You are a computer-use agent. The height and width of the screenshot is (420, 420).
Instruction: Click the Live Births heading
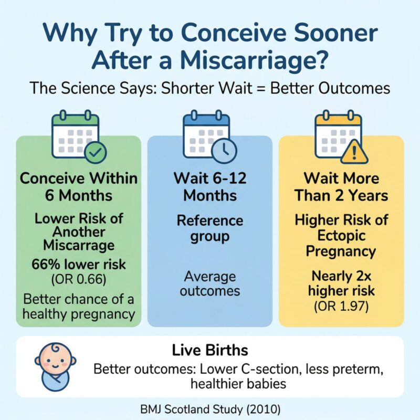point(209,350)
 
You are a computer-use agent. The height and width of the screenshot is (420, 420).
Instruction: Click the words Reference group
point(209,228)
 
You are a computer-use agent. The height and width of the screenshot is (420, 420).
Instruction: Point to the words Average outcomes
point(209,283)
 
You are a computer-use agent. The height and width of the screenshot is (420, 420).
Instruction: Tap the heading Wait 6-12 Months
point(209,186)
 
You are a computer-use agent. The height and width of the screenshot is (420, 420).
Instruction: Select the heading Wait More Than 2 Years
point(341,186)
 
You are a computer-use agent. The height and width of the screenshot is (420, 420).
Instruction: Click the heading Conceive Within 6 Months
point(78,186)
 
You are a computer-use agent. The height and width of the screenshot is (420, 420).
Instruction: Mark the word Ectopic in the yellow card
point(341,236)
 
